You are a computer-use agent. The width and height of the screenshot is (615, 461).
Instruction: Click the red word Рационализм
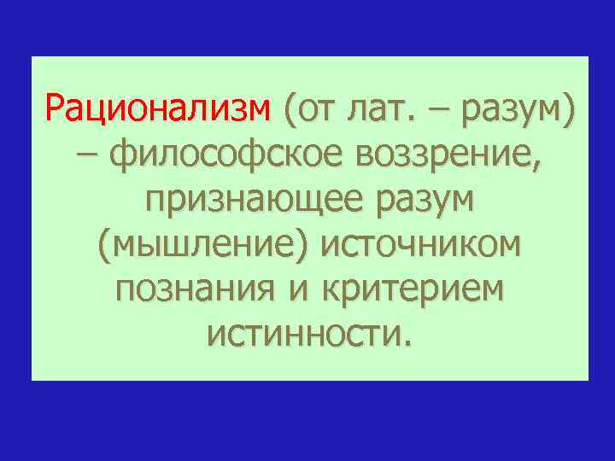(158, 110)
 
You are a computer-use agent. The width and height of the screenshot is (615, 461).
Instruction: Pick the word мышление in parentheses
(202, 247)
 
